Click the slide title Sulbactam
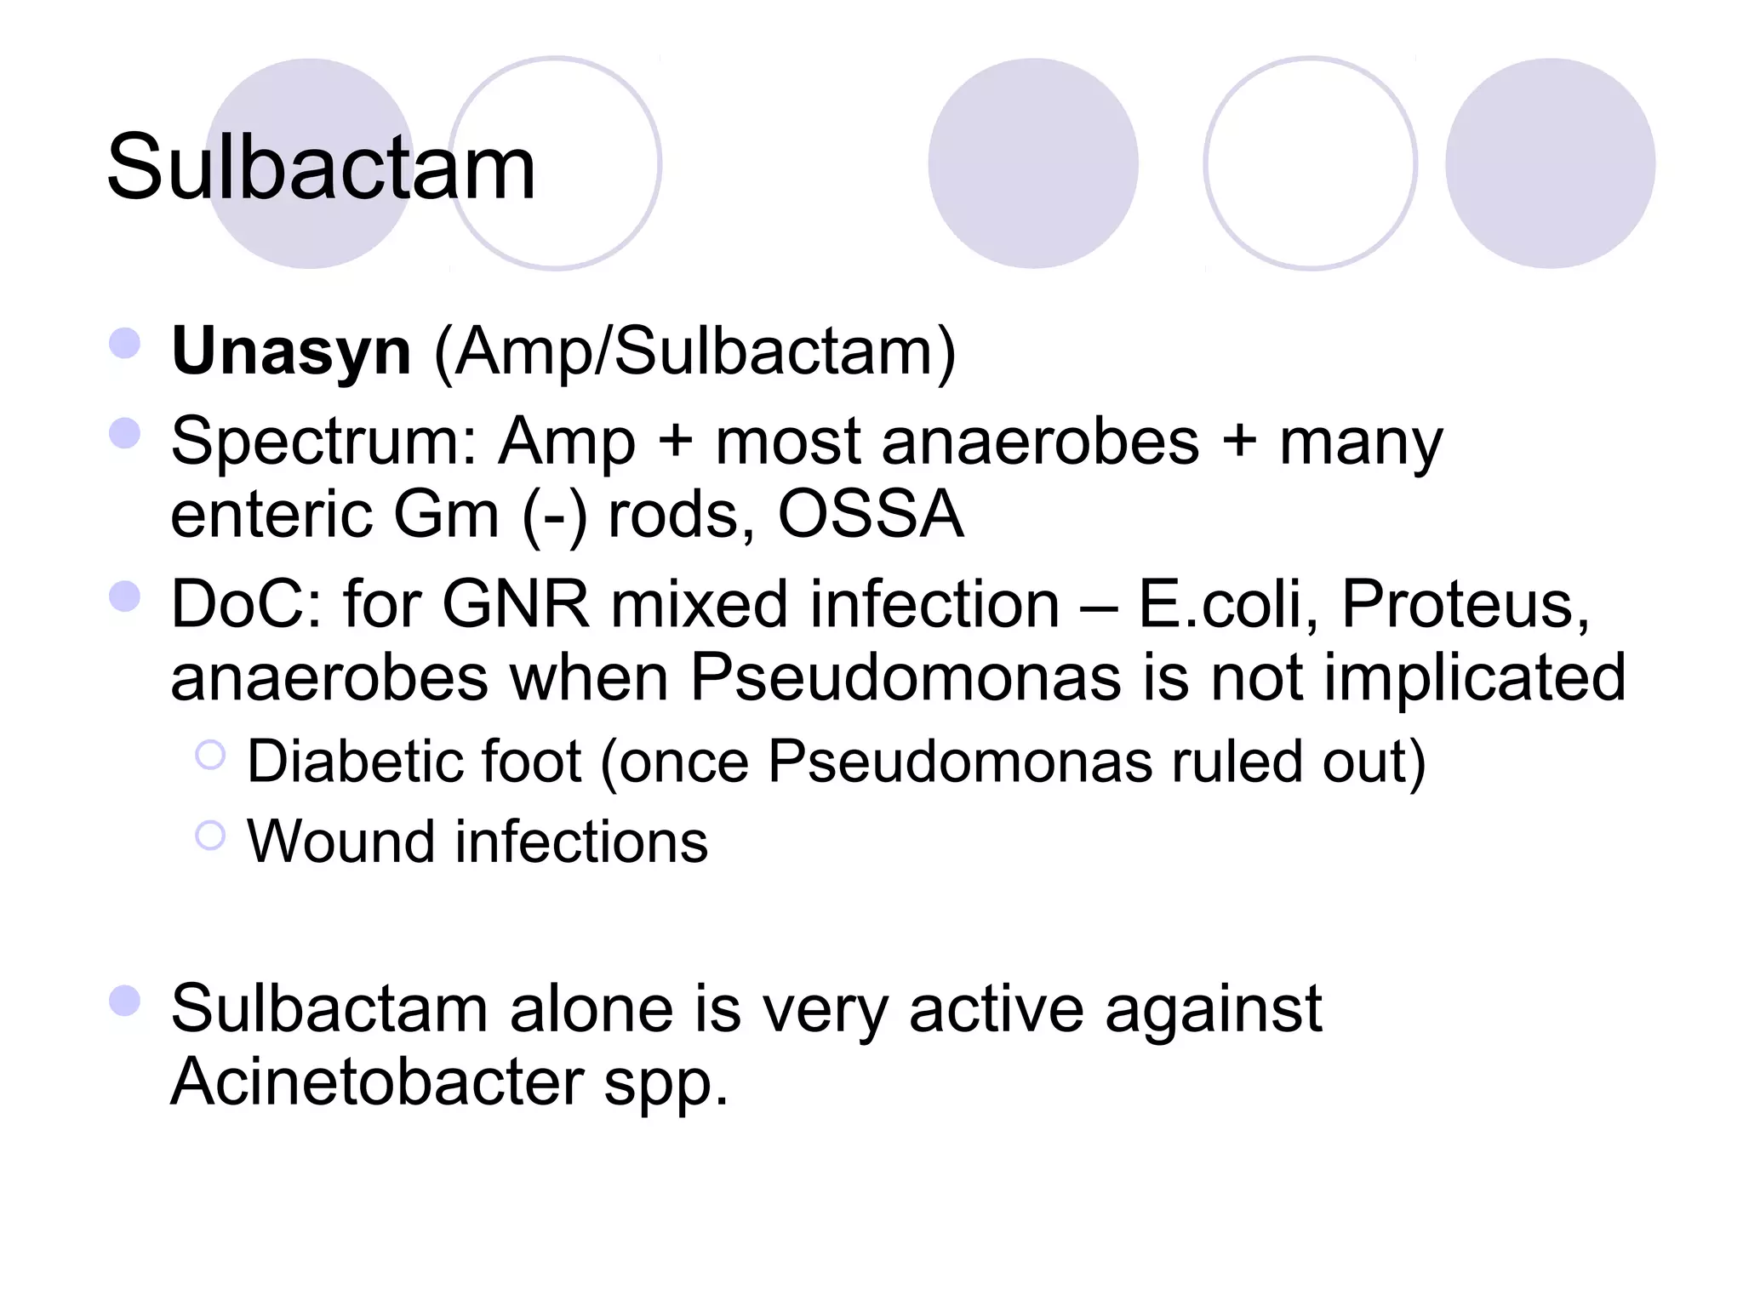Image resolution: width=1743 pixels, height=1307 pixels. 321,168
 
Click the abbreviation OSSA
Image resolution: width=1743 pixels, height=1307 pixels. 871,514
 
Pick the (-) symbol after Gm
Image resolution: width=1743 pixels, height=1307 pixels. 554,516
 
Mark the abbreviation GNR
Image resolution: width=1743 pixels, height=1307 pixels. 516,604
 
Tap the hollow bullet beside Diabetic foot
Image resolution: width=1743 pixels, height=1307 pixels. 210,755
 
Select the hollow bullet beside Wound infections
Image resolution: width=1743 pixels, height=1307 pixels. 210,836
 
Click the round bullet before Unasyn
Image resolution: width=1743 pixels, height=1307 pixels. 125,343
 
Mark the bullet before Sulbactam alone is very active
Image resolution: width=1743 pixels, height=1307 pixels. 125,1001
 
